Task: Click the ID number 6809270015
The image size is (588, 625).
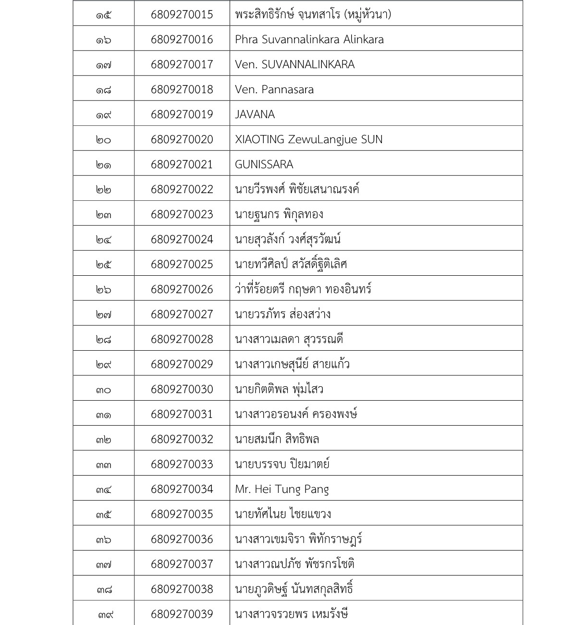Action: pos(182,14)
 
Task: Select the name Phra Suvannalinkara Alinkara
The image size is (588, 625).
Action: pos(309,39)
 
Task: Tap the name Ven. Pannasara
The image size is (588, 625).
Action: pos(274,89)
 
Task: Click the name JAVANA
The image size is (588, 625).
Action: pos(255,114)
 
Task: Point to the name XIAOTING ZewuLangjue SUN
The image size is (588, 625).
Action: pos(308,139)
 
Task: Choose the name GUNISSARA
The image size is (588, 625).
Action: pos(264,164)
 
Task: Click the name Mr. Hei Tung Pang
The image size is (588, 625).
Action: pos(282,489)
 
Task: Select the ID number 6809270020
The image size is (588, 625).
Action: pos(182,139)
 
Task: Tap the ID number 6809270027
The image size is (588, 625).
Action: pos(182,314)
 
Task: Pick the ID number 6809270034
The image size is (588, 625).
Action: pos(182,489)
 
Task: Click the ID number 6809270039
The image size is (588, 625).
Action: pos(182,614)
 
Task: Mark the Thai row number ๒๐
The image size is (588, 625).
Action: pos(103,140)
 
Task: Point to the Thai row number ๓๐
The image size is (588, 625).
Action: pos(103,390)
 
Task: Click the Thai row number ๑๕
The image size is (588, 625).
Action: pos(103,15)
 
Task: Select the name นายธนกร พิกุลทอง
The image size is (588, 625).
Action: pos(279,214)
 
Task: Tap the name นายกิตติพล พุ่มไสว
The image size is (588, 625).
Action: pos(279,389)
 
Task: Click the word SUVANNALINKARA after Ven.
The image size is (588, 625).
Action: pos(308,64)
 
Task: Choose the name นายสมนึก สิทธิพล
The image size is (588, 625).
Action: pos(277,439)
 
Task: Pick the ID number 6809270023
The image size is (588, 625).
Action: pos(182,214)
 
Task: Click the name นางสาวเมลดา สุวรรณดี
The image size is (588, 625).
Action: pos(289,339)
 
